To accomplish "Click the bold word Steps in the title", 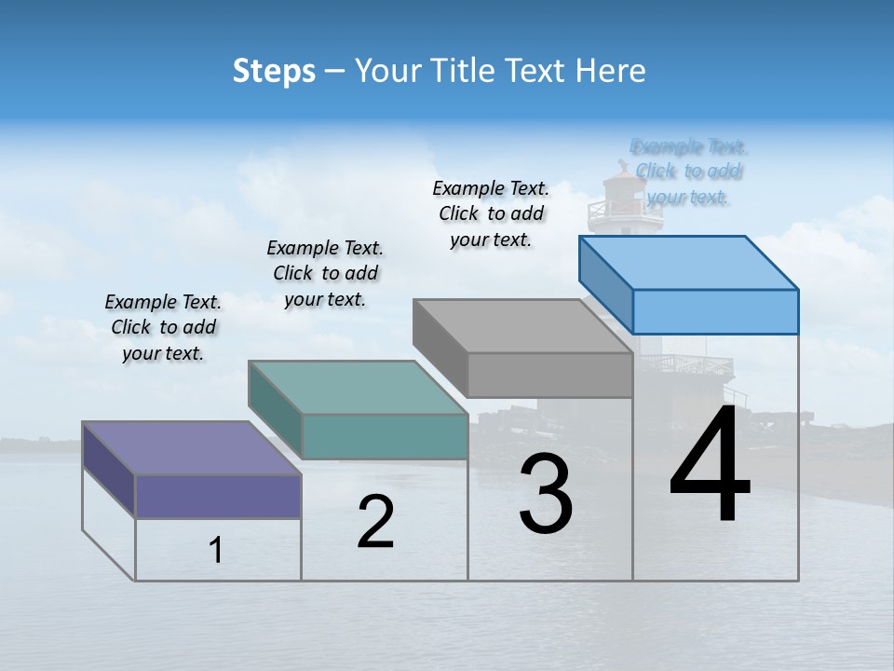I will point(274,71).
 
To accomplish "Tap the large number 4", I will point(710,466).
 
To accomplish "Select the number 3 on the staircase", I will point(546,494).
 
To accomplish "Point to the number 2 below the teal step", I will point(375,522).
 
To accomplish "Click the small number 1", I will point(215,551).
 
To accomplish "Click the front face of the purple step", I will point(218,496).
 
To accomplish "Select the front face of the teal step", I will point(385,436).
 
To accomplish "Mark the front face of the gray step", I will point(549,375).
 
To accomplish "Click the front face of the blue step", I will point(715,311).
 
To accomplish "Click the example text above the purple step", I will point(163,328).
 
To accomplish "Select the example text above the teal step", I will point(325,274).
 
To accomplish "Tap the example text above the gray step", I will point(491,214).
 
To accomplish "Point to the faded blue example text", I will point(688,171).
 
